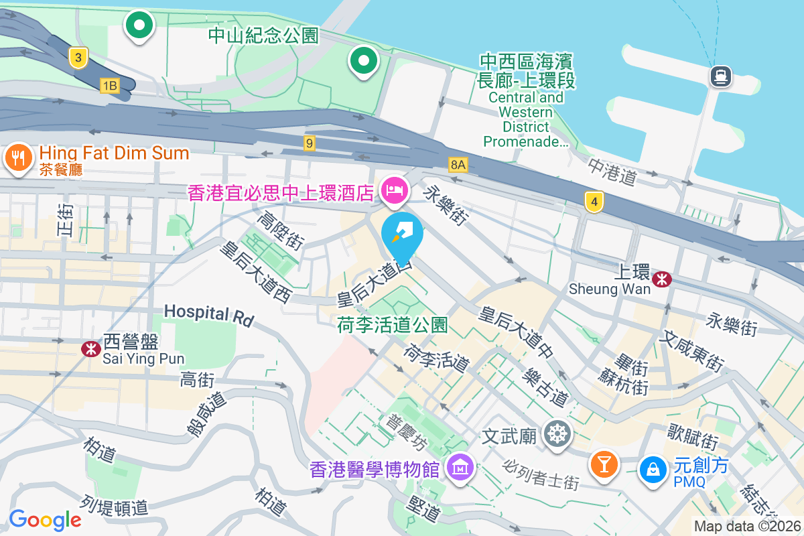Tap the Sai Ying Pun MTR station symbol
coord(89,348)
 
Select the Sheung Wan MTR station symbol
coord(662,279)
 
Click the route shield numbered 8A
coord(458,164)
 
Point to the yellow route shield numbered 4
coord(592,202)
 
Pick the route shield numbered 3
coord(78,58)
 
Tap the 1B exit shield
coord(109,85)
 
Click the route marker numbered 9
coord(309,143)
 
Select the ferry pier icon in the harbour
coord(720,76)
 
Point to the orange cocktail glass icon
coord(604,464)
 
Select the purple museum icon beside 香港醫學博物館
coord(460,468)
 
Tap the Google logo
coord(45,519)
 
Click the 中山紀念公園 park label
coord(263,36)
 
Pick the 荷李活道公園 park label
coord(393,326)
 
